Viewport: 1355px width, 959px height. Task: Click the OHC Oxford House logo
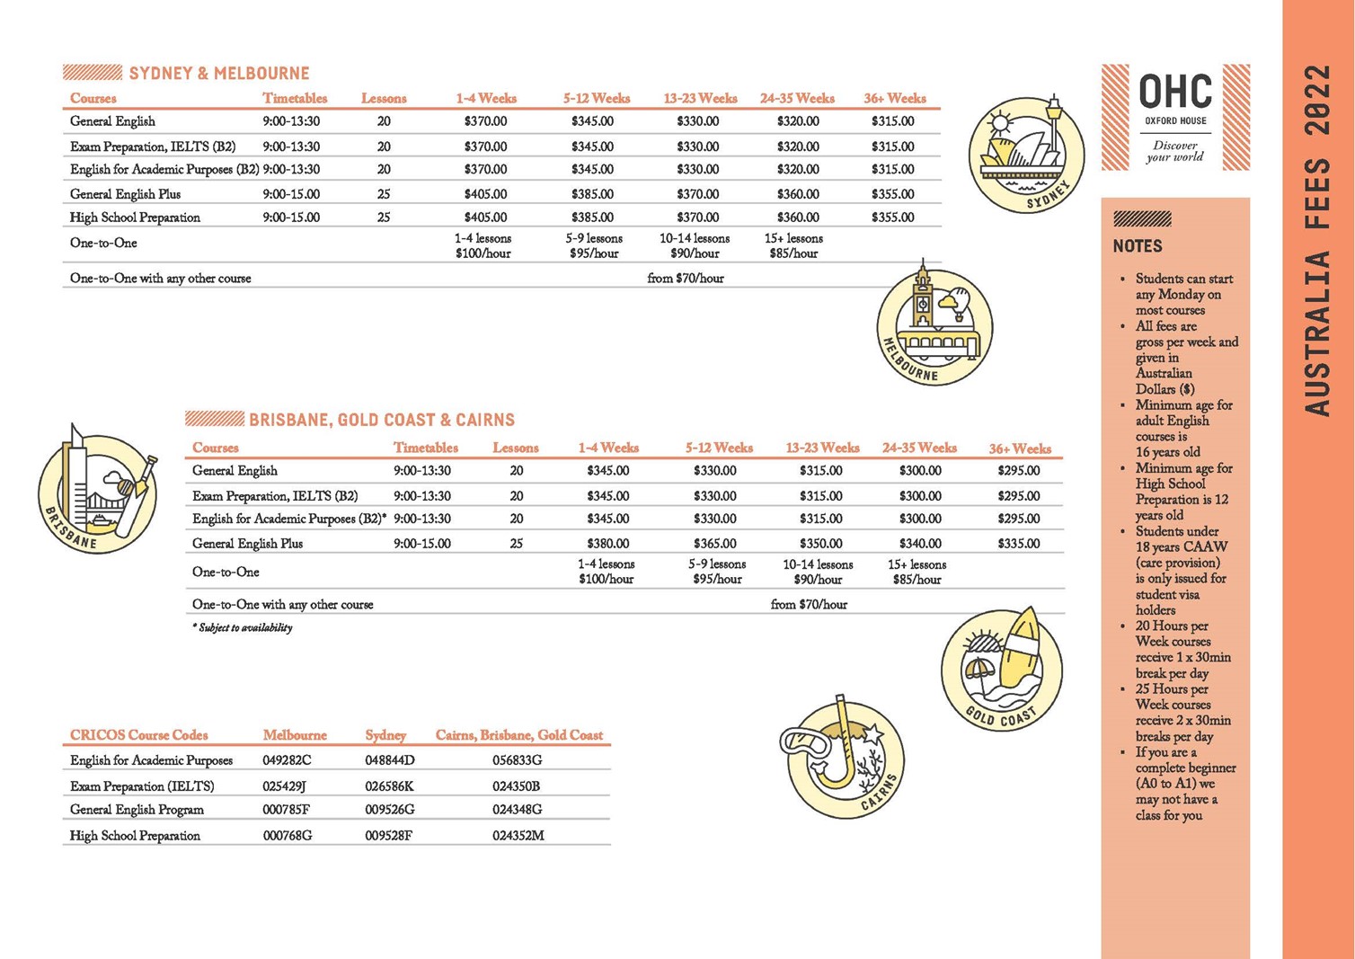pos(1175,117)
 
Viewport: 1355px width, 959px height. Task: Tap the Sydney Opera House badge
pos(1025,154)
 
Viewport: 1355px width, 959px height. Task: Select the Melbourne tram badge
pos(934,326)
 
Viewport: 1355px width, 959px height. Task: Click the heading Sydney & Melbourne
pos(218,74)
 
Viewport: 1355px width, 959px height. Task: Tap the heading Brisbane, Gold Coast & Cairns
pos(381,420)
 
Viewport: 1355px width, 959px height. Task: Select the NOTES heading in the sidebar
pos(1138,246)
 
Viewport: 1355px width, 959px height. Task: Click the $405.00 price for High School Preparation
pos(485,218)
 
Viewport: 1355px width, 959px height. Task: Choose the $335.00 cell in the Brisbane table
pos(1018,543)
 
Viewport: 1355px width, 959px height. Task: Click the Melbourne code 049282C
pos(287,760)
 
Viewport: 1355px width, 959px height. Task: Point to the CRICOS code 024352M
pos(518,836)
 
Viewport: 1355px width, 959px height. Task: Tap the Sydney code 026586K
pos(389,786)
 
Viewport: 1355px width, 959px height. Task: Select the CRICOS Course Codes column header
pos(139,735)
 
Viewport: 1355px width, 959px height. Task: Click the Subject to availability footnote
pos(242,627)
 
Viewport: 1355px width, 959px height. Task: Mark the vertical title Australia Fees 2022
pos(1317,240)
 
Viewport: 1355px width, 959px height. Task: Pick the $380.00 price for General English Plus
pos(607,543)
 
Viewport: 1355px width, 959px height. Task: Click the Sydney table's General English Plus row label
pos(125,194)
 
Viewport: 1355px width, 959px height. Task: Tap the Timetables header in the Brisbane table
pos(425,448)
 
